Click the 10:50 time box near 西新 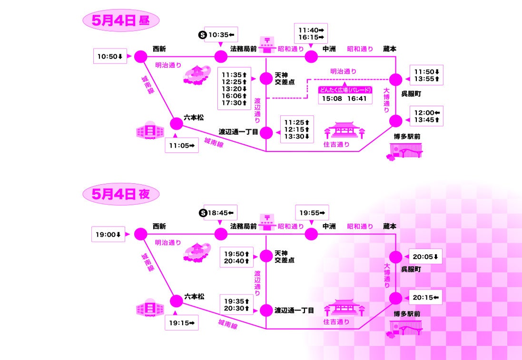coord(110,57)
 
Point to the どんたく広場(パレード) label coord(345,90)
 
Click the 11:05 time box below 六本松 coord(181,145)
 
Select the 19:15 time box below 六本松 coord(181,323)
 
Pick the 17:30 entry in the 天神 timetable coord(234,103)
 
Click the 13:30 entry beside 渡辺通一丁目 coord(297,136)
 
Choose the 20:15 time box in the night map coord(425,298)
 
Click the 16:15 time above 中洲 coord(310,38)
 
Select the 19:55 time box coord(312,212)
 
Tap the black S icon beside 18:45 coord(202,212)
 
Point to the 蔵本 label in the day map coord(390,49)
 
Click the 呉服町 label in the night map coord(409,269)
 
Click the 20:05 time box coord(425,257)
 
